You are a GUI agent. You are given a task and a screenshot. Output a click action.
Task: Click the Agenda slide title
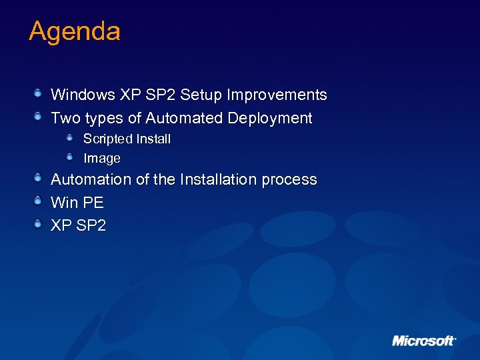click(x=74, y=31)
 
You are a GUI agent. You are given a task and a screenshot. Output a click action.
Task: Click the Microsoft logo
click(x=423, y=341)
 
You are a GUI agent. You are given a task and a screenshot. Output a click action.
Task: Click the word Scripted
click(x=107, y=139)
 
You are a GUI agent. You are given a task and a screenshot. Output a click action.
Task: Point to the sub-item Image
click(x=102, y=159)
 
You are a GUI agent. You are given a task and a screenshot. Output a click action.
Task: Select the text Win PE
click(x=77, y=202)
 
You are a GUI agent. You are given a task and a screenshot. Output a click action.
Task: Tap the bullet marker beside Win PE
click(x=39, y=200)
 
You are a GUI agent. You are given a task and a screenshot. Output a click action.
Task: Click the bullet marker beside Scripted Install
click(x=70, y=137)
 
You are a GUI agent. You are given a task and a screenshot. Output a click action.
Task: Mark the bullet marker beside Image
click(x=70, y=157)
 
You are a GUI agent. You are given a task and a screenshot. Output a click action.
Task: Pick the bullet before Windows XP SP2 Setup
click(x=39, y=93)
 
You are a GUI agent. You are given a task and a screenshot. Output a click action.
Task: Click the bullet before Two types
click(x=39, y=117)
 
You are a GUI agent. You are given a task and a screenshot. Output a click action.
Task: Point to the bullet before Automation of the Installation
click(x=39, y=177)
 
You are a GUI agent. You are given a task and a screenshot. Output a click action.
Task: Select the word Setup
click(x=201, y=95)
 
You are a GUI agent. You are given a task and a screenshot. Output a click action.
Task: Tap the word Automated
click(x=185, y=119)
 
